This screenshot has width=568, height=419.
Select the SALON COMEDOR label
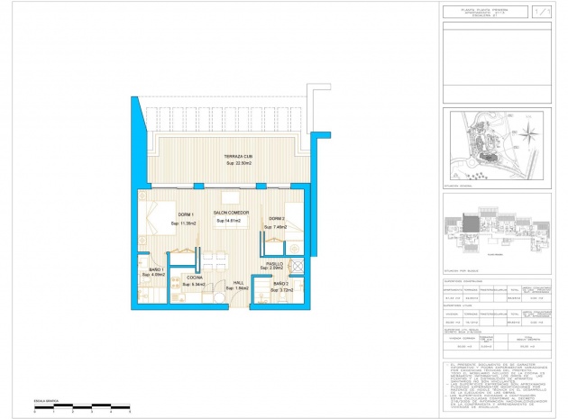click(231, 213)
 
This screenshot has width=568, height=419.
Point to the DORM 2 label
click(275, 219)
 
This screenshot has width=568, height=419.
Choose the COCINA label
click(195, 278)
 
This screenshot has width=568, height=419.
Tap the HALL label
click(239, 282)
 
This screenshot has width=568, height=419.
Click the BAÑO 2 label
click(280, 284)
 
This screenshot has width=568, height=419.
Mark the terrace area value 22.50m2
click(238, 166)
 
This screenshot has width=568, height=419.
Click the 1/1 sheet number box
click(540, 13)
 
